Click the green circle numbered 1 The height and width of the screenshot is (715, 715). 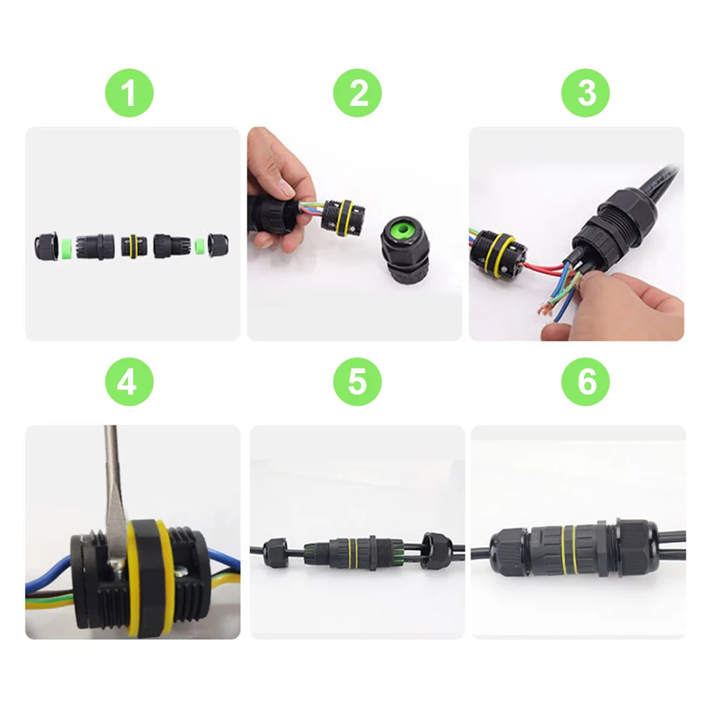129,93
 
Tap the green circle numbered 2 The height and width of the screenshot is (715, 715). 357,93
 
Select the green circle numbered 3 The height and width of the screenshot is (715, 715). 586,93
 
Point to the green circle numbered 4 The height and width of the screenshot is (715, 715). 129,382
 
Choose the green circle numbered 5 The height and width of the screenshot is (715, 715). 357,382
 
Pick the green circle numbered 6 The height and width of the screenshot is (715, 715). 586,382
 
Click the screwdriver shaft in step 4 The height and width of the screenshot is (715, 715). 113,493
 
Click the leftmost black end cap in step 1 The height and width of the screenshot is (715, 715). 45,247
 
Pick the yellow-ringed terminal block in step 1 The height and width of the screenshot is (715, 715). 134,246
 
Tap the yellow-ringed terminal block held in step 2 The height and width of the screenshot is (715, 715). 343,217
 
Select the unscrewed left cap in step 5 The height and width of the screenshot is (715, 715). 275,552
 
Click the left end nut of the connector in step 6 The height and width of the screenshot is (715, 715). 509,552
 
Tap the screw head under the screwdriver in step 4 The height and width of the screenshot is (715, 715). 117,566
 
